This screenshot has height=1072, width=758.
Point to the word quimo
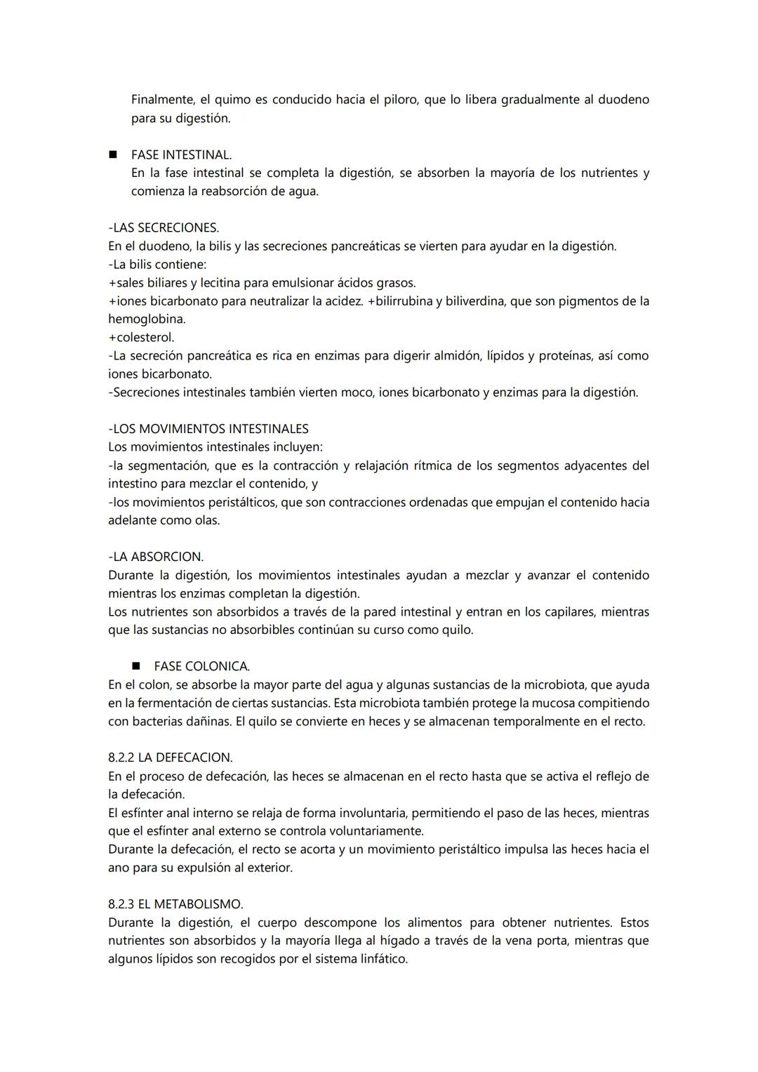coord(225,100)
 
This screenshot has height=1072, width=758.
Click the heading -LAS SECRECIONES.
coord(164,227)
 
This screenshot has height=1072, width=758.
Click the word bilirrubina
coord(403,301)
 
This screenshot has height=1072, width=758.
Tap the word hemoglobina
coord(146,319)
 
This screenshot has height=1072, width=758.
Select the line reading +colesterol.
coord(141,337)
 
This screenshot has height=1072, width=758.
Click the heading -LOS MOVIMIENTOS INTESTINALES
coord(208,429)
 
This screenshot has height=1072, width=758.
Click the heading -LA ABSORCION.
coord(156,557)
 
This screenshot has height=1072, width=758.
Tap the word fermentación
coord(175,703)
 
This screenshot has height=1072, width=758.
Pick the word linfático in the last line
coord(382,959)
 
